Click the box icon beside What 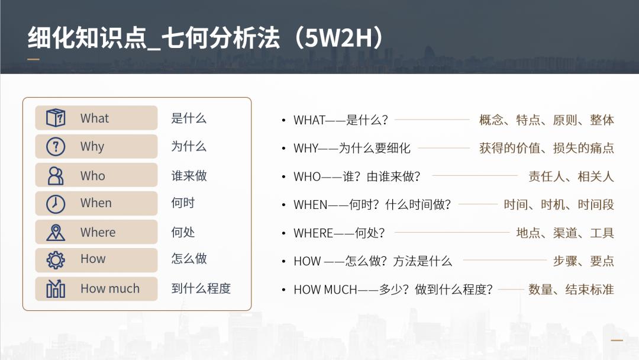click(56, 118)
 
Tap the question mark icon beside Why click(56, 146)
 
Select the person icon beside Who click(56, 175)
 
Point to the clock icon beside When click(56, 203)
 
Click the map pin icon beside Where click(56, 232)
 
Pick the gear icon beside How click(56, 260)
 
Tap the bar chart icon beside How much click(56, 288)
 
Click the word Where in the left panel click(98, 233)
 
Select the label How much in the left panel click(110, 289)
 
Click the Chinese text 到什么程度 click(201, 288)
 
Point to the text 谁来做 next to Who click(189, 176)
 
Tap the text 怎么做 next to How click(189, 259)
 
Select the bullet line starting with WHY click(352, 148)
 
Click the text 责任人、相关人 click(571, 176)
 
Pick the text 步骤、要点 click(583, 261)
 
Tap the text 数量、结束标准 click(571, 290)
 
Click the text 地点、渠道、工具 click(565, 233)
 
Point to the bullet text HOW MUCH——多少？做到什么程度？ click(393, 290)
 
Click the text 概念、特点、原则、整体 click(546, 120)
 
